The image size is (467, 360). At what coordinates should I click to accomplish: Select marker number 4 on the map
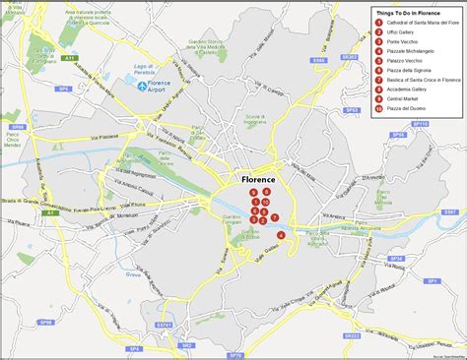pyautogui.click(x=282, y=235)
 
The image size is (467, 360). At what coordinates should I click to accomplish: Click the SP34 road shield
pyautogui.click(x=397, y=258)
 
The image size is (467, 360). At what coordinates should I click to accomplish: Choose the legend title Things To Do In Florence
pyautogui.click(x=412, y=12)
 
